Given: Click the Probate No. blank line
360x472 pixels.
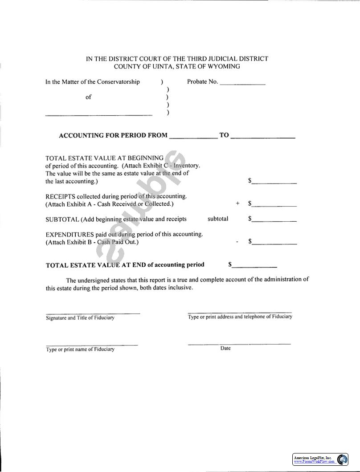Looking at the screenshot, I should coord(242,84).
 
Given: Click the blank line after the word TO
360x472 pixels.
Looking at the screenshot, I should coord(263,138).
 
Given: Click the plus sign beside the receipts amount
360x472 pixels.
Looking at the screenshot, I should coord(237,203).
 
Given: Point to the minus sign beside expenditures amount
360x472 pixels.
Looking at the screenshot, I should coord(237,242).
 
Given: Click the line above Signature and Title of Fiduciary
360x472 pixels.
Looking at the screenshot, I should coord(93,313).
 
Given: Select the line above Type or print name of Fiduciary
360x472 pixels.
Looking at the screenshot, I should coord(91,345).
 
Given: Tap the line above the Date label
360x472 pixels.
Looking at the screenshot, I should coord(239,344).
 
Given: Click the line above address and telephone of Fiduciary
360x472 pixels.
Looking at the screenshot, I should coord(240,313).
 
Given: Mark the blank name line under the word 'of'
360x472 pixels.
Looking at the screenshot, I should coord(99,115).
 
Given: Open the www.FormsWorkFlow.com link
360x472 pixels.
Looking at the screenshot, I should coord(314,462).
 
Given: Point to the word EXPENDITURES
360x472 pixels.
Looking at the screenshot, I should coord(70,234).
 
